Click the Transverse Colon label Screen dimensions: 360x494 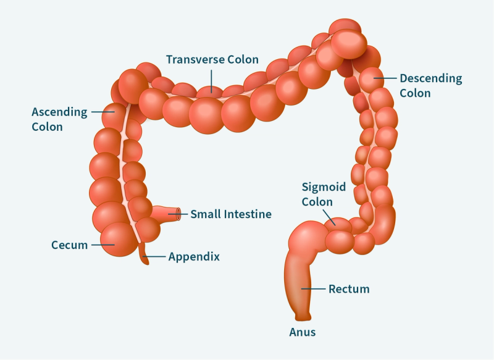(x=212, y=60)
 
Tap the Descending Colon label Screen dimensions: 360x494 (x=430, y=86)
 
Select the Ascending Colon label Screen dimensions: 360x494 (x=60, y=119)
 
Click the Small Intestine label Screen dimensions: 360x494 (x=230, y=214)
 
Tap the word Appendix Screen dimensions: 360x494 (x=194, y=256)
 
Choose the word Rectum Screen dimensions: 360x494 (x=349, y=288)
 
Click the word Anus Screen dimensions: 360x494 (x=303, y=332)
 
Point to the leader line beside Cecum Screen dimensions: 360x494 (x=103, y=245)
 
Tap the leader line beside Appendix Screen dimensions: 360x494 (x=154, y=256)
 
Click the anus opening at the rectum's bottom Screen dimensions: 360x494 (x=303, y=318)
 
